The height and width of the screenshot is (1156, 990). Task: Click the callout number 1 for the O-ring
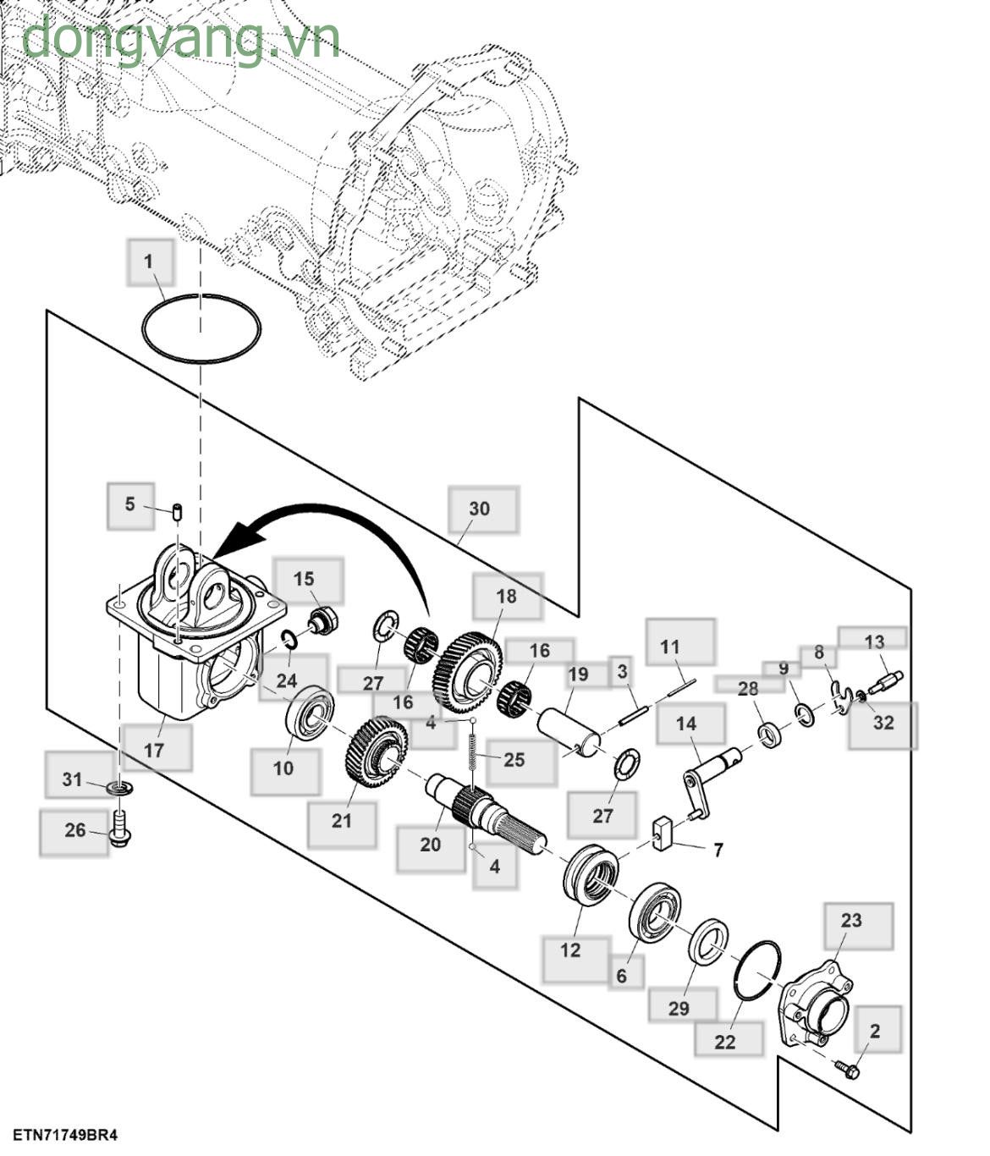150,261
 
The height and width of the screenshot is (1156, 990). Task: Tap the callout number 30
480,509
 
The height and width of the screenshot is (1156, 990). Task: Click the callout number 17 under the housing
154,750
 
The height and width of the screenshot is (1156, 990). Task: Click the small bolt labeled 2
847,1069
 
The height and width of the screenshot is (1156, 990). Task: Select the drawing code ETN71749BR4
64,1135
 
